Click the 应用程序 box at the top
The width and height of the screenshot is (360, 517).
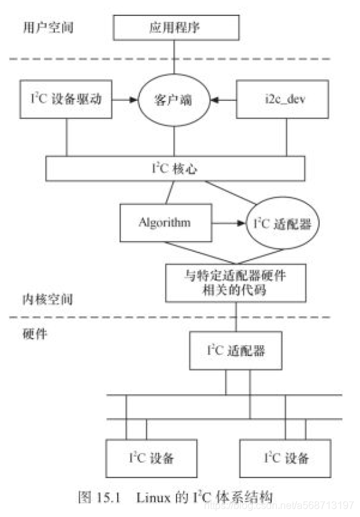click(x=175, y=29)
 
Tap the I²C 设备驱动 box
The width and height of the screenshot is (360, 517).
click(x=67, y=99)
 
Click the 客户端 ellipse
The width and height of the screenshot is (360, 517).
click(x=175, y=100)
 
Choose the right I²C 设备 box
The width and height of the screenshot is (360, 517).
click(x=286, y=458)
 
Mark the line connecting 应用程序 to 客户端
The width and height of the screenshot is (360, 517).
click(x=175, y=60)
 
